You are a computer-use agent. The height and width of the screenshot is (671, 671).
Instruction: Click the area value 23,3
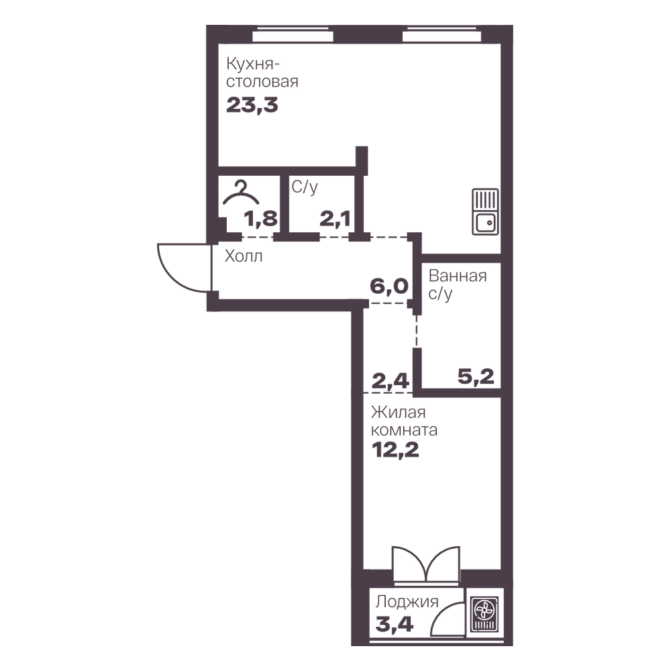click(x=252, y=105)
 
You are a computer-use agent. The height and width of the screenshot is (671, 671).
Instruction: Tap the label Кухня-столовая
click(x=262, y=72)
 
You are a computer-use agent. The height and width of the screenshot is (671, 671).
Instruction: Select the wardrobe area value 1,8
click(x=260, y=219)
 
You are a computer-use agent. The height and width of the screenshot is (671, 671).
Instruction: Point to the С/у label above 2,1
click(x=305, y=187)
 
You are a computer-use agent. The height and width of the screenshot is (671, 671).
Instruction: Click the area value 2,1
click(x=335, y=219)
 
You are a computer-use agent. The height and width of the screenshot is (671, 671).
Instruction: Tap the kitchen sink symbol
click(x=485, y=212)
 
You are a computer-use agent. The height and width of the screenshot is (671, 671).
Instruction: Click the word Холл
click(x=244, y=256)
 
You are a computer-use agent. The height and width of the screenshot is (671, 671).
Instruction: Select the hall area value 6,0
click(x=389, y=285)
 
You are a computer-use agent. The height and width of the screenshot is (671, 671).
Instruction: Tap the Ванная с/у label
click(x=458, y=285)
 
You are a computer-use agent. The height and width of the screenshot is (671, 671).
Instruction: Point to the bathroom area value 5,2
click(x=476, y=376)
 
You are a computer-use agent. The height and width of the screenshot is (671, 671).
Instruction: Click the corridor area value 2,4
click(x=391, y=380)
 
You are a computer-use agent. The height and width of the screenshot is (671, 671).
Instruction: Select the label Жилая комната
click(x=404, y=421)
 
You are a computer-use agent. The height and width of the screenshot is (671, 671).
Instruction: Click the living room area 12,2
click(x=395, y=450)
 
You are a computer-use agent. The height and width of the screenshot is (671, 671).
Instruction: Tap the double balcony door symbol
click(x=426, y=564)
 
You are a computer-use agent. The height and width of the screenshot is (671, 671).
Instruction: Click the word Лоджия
click(x=407, y=602)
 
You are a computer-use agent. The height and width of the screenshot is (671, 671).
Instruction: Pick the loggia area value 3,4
click(x=395, y=624)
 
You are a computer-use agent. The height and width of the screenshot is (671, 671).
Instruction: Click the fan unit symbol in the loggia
click(x=484, y=614)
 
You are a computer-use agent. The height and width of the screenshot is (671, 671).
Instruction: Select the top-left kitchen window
click(x=293, y=36)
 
